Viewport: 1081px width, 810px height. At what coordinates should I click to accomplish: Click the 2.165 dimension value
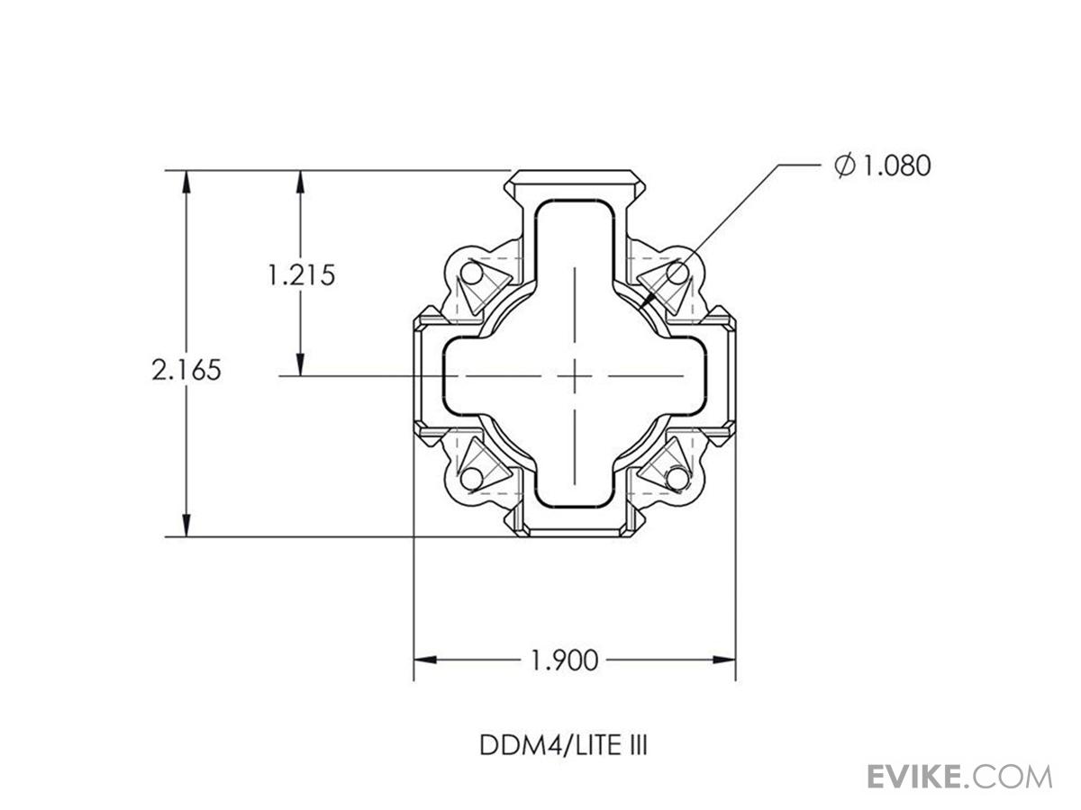(186, 370)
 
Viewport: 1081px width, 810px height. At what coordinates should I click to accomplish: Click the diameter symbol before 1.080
(844, 166)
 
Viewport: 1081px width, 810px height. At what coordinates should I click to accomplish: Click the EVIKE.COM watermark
(959, 776)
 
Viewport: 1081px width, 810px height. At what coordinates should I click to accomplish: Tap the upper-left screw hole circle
(471, 272)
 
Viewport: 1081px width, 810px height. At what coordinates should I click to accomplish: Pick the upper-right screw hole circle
(677, 272)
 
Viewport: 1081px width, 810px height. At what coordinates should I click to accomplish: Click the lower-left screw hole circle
(471, 477)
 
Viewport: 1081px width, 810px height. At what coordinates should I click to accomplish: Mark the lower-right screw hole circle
(677, 477)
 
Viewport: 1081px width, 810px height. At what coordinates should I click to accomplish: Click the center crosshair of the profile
(574, 375)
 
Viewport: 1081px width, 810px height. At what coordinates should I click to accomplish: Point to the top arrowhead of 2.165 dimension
(186, 180)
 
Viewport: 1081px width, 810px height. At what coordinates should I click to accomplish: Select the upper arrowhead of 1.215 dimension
(301, 180)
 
